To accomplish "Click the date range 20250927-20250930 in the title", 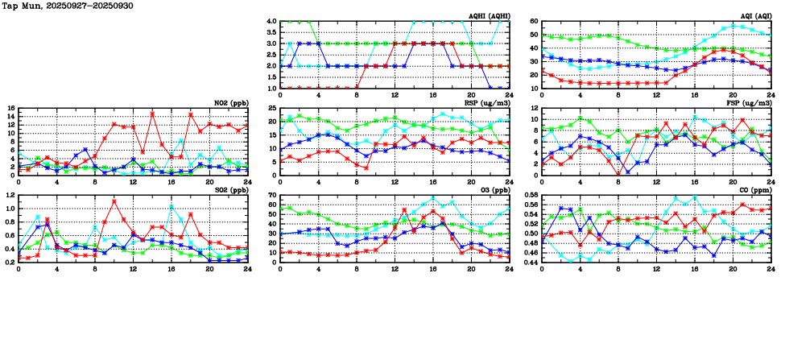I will point(93,6).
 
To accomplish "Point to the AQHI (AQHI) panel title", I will point(489,16).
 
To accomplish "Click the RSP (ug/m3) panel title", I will point(489,103).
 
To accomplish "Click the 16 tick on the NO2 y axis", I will point(10,108).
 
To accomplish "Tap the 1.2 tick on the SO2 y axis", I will point(9,196).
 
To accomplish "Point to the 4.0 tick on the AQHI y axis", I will point(271,22).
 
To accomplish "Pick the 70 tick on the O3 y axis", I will point(271,196).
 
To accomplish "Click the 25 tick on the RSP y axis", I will point(271,109).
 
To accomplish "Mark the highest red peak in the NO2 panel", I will point(152,114).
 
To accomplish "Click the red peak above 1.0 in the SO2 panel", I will point(114,201).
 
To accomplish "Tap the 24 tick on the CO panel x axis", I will point(771,269).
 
